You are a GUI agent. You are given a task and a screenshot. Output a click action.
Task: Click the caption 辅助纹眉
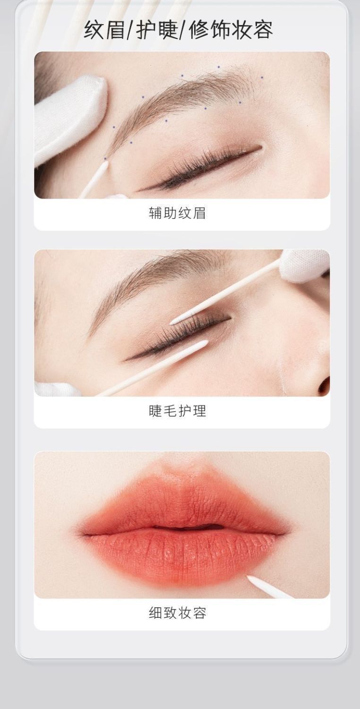click(x=177, y=213)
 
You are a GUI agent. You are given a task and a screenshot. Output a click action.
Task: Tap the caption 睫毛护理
click(x=177, y=411)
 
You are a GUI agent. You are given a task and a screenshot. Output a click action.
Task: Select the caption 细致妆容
click(x=177, y=613)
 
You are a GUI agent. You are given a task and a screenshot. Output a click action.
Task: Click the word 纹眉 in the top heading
click(x=104, y=30)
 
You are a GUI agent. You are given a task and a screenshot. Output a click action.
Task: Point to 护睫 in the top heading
click(x=157, y=30)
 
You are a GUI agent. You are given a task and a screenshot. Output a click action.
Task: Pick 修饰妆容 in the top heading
click(x=231, y=30)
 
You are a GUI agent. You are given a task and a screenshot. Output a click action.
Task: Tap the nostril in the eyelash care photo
click(x=324, y=385)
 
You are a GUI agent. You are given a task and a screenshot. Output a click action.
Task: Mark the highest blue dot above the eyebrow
click(x=219, y=67)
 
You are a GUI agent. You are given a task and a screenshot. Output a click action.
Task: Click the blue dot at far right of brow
click(x=262, y=77)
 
